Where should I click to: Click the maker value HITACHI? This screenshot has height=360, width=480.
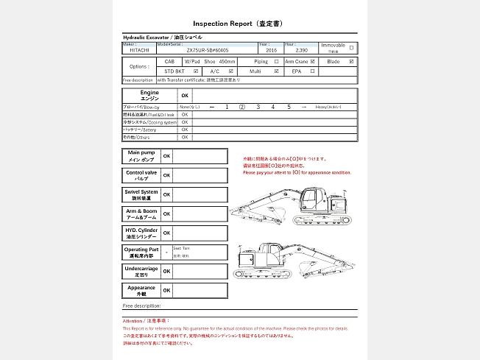[x=138, y=50]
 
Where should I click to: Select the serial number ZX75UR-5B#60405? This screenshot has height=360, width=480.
[x=208, y=50]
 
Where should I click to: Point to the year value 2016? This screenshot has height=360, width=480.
[x=272, y=50]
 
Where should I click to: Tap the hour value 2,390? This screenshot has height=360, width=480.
[x=301, y=50]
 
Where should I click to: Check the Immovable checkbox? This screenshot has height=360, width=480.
[x=351, y=48]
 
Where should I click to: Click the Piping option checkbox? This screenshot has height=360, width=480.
[x=276, y=62]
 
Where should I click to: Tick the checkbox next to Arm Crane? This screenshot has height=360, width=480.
[x=313, y=62]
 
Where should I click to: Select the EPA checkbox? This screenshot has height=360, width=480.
[x=313, y=71]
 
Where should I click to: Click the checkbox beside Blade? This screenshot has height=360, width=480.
[x=351, y=62]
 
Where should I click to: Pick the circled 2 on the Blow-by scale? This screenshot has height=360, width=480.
[x=241, y=107]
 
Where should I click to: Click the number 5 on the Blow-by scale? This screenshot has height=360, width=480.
[x=289, y=107]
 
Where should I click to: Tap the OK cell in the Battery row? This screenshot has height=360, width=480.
[x=185, y=129]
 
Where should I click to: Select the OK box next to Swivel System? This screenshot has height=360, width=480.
[x=166, y=195]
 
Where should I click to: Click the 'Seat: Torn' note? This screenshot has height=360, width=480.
[x=181, y=248]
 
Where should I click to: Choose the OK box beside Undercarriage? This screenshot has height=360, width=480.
[x=166, y=271]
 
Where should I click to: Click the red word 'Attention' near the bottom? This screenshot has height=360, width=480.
[x=133, y=321]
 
